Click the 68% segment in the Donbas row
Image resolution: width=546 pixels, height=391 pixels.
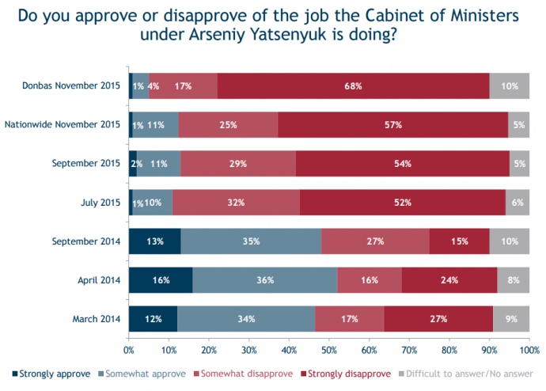point(353,85)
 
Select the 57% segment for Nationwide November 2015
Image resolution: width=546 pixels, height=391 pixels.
point(393,124)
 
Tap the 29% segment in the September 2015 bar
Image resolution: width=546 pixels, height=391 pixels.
point(238,163)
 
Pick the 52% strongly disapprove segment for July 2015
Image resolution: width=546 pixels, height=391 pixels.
point(402,203)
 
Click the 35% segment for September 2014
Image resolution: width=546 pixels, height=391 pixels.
point(251,241)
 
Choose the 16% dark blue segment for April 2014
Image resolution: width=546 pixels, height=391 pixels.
point(161,280)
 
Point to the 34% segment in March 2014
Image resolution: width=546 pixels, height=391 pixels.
point(245,319)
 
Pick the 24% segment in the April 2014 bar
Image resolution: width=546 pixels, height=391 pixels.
point(449,280)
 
